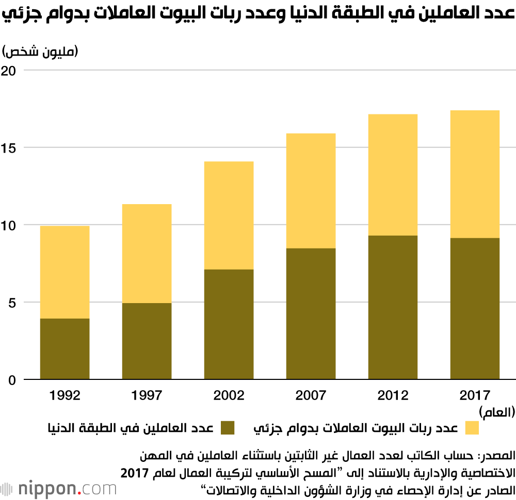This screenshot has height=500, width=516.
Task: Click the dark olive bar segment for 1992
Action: pos(64,349)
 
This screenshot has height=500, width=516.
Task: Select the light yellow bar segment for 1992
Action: pos(64,272)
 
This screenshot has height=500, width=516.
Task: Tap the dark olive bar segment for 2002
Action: pos(229,324)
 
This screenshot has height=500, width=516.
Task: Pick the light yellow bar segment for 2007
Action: pos(311,191)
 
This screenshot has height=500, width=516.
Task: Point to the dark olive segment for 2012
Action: pos(393,307)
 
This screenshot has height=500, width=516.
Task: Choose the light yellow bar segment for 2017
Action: pos(475,174)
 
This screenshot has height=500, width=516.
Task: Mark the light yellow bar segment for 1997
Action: pos(147,254)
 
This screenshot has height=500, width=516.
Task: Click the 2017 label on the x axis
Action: pos(475,396)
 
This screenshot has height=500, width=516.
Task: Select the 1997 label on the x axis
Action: pos(147,396)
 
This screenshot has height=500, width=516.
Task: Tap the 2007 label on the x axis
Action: pos(311,396)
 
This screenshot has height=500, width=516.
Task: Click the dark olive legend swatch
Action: pos(227,428)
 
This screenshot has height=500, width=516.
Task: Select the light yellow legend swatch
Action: pos(472,428)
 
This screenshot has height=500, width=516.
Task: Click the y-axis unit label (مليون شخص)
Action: pos(40,51)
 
